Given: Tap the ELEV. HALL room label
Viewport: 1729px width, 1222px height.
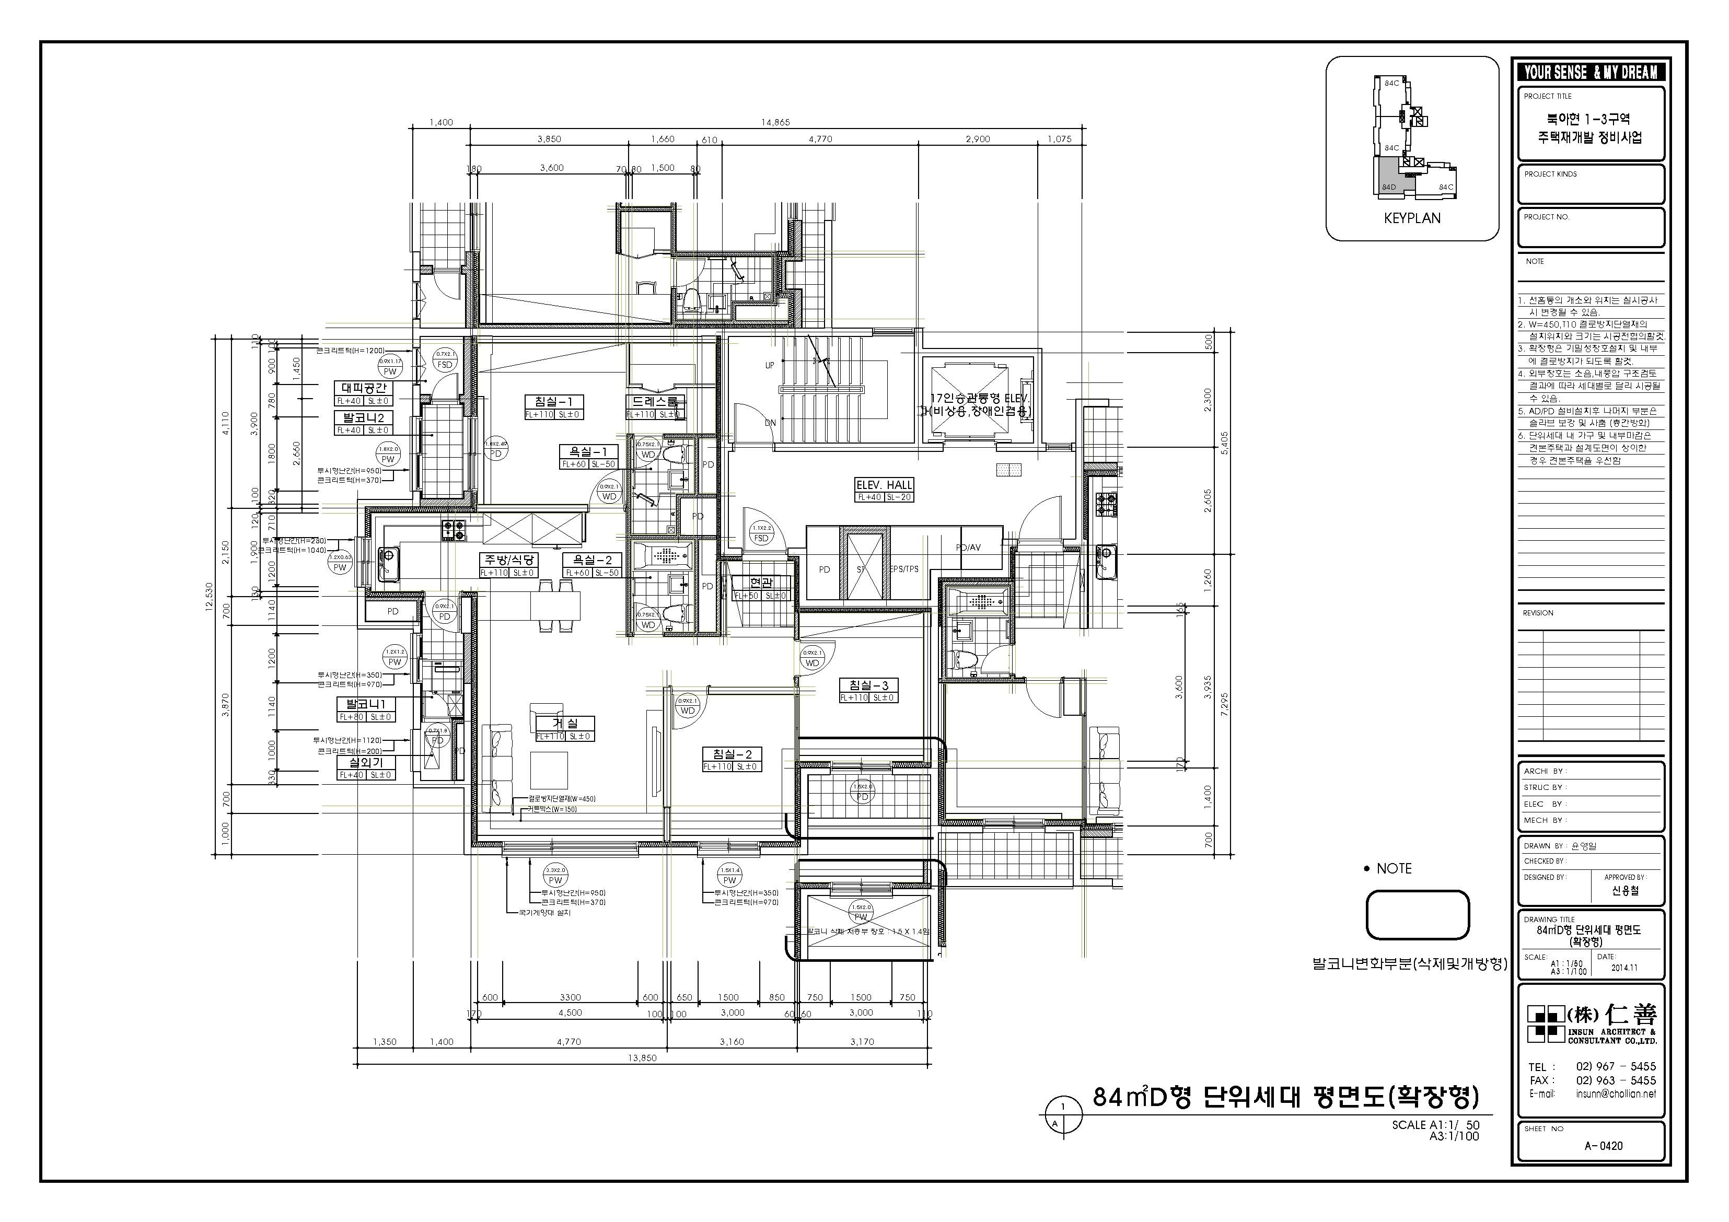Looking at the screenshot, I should tap(884, 485).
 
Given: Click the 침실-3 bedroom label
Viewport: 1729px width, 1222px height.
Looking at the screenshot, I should tap(869, 685).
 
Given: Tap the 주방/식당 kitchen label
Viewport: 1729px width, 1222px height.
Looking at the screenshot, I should tap(508, 560).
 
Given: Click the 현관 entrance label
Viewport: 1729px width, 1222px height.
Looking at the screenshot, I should tap(761, 583).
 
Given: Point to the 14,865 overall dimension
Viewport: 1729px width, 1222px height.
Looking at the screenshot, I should tap(775, 122).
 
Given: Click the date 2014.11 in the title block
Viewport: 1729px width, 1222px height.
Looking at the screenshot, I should tap(1624, 968).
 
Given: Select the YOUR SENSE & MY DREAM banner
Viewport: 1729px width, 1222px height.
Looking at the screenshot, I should tap(1591, 72).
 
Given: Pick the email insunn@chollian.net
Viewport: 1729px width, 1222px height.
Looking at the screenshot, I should tap(1615, 1094).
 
